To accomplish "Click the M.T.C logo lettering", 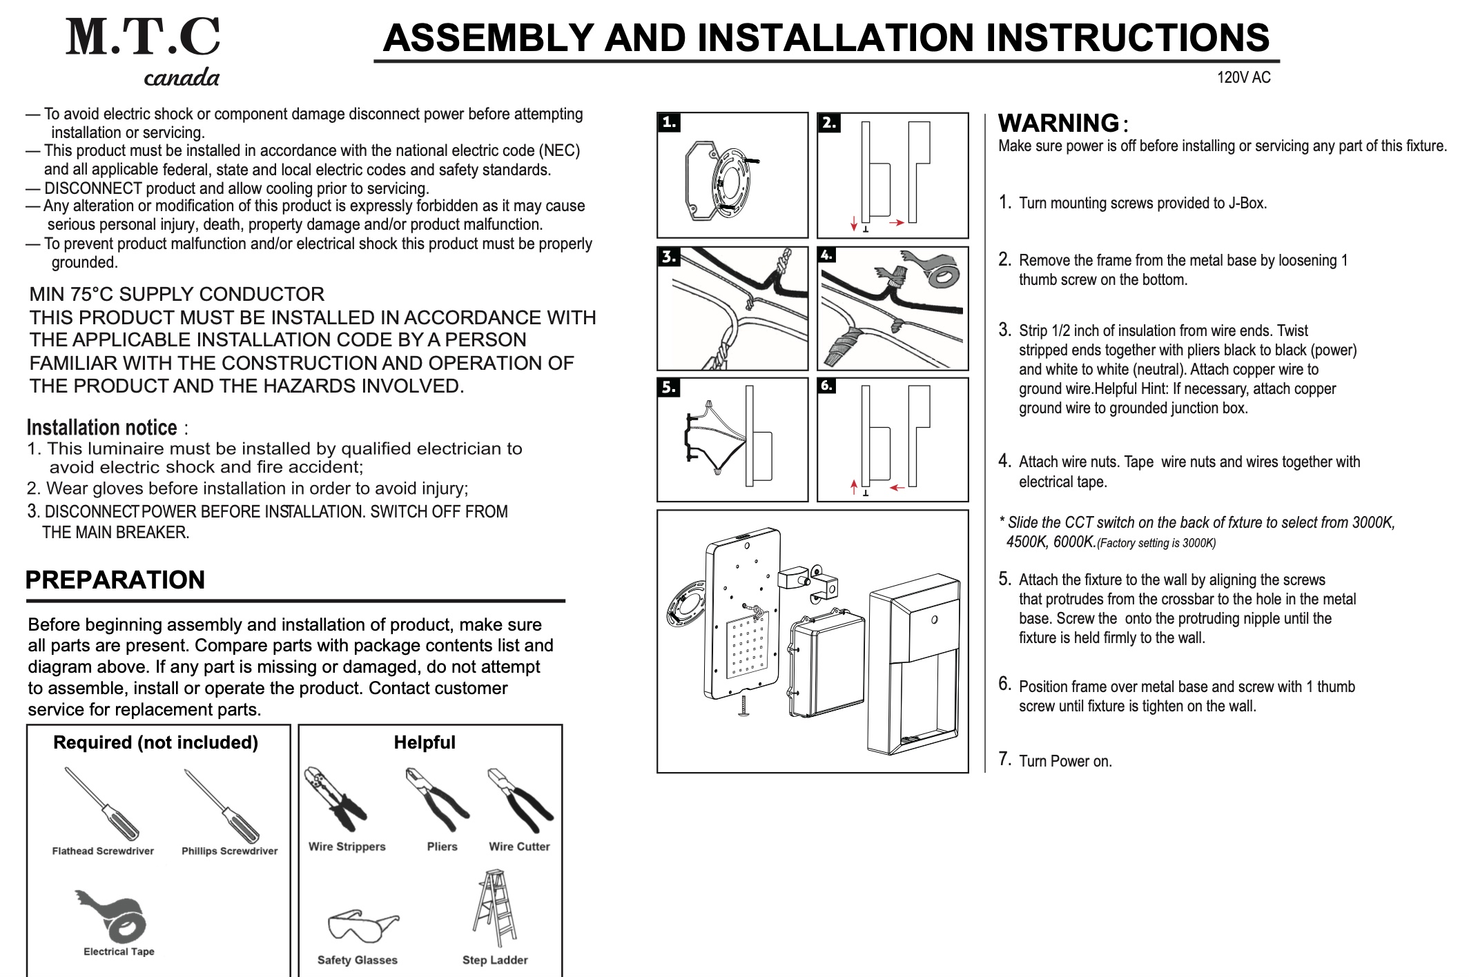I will tap(143, 37).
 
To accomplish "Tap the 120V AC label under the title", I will tap(1243, 77).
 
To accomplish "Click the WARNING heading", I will tap(1058, 123).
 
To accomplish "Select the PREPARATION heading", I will tap(115, 580).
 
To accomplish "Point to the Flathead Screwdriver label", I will tap(103, 851).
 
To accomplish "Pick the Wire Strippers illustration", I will tap(334, 799).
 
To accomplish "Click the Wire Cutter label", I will tap(519, 847).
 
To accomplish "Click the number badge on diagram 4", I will tap(826, 255).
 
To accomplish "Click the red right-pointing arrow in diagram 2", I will tap(896, 223).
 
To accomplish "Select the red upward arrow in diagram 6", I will tap(854, 486).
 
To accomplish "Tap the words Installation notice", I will tap(102, 428).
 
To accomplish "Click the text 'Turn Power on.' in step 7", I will tap(1065, 761).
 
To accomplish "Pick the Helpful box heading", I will tap(425, 742).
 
